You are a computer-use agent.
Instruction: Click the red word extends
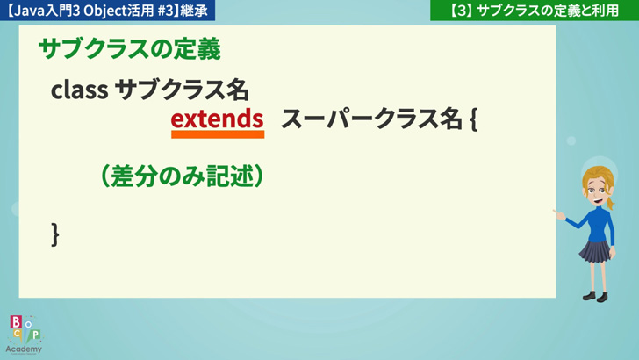point(217,119)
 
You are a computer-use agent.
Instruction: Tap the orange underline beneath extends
point(218,134)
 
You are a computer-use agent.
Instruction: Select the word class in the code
point(79,90)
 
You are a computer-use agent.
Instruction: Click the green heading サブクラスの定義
point(130,49)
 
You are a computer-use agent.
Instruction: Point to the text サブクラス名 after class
point(182,90)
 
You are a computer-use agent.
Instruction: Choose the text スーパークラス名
point(371,119)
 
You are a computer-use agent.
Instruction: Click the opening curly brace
point(474,119)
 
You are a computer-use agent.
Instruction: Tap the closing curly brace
point(55,234)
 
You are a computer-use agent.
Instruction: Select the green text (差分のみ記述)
point(182,176)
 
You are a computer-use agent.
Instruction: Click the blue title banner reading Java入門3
point(108,11)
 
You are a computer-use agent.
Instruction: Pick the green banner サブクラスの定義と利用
point(535,11)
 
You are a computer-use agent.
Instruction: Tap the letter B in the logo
point(16,322)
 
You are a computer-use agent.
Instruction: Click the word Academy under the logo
point(24,349)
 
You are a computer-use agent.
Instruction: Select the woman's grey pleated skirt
point(595,251)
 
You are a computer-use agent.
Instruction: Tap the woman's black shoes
point(595,297)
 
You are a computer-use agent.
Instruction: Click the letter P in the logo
point(36,335)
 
